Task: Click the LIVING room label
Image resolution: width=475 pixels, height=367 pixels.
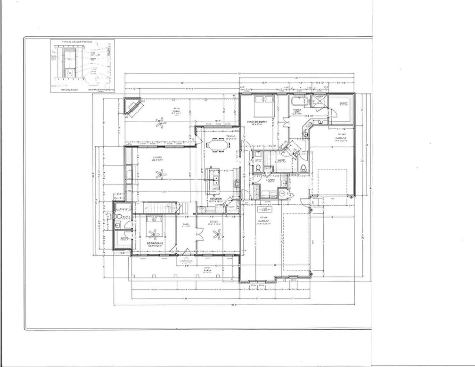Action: pyautogui.click(x=157, y=158)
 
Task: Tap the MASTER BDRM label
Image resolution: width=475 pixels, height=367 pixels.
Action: pyautogui.click(x=257, y=122)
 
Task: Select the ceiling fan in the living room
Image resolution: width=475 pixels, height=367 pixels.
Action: pyautogui.click(x=162, y=175)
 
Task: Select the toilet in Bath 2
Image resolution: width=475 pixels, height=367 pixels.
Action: pyautogui.click(x=119, y=217)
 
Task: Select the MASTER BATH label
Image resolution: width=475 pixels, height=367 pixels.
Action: pyautogui.click(x=297, y=111)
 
